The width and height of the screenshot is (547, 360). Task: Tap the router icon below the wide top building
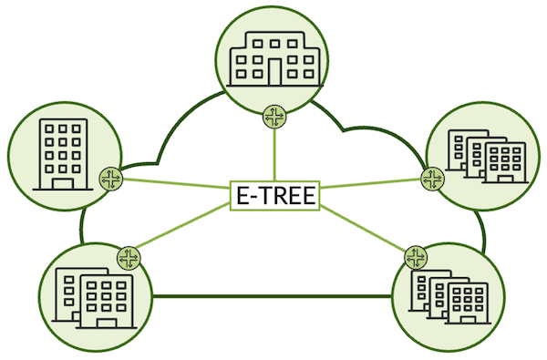tap(273, 117)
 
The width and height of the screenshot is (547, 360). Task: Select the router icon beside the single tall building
tap(110, 179)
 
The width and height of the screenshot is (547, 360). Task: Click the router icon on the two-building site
tap(128, 256)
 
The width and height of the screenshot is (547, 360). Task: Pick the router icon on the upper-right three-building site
tap(431, 177)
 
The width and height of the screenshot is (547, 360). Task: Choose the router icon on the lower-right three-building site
tap(416, 256)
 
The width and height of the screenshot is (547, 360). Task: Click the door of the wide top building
tap(274, 69)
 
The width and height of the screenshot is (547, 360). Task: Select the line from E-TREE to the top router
tap(274, 155)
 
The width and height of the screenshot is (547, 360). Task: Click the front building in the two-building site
tap(106, 301)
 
